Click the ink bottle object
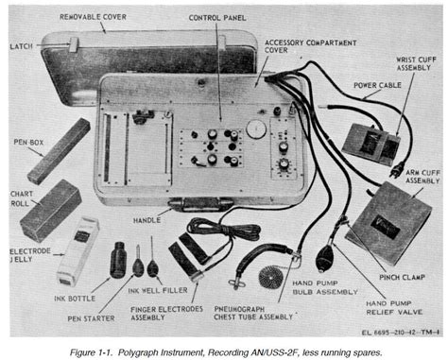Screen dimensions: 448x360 pyautogui.click(x=118, y=260)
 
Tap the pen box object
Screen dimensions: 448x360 pyautogui.click(x=60, y=151)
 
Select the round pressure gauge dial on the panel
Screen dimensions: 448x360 pyautogui.click(x=256, y=129)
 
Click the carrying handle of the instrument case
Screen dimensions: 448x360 pyautogui.click(x=201, y=204)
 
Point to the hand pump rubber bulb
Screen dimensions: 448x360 pyautogui.click(x=324, y=258)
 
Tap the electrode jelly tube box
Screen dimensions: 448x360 pyautogui.click(x=78, y=251)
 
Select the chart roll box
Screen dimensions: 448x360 pyautogui.click(x=51, y=211)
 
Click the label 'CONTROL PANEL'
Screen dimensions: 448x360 pyautogui.click(x=217, y=18)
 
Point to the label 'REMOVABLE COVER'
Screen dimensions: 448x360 pyautogui.click(x=93, y=17)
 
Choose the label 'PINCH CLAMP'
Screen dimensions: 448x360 pyautogui.click(x=402, y=278)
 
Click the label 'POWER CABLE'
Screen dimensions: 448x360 pyautogui.click(x=377, y=85)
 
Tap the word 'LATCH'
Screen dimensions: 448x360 pyautogui.click(x=21, y=46)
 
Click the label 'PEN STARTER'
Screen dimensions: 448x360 pyautogui.click(x=91, y=318)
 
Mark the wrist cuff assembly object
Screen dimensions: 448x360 pyautogui.click(x=370, y=145)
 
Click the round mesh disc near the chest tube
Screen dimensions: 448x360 pyautogui.click(x=269, y=277)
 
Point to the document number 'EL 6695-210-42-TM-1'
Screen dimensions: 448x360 pyautogui.click(x=401, y=333)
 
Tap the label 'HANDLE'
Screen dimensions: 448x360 pyautogui.click(x=146, y=220)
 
